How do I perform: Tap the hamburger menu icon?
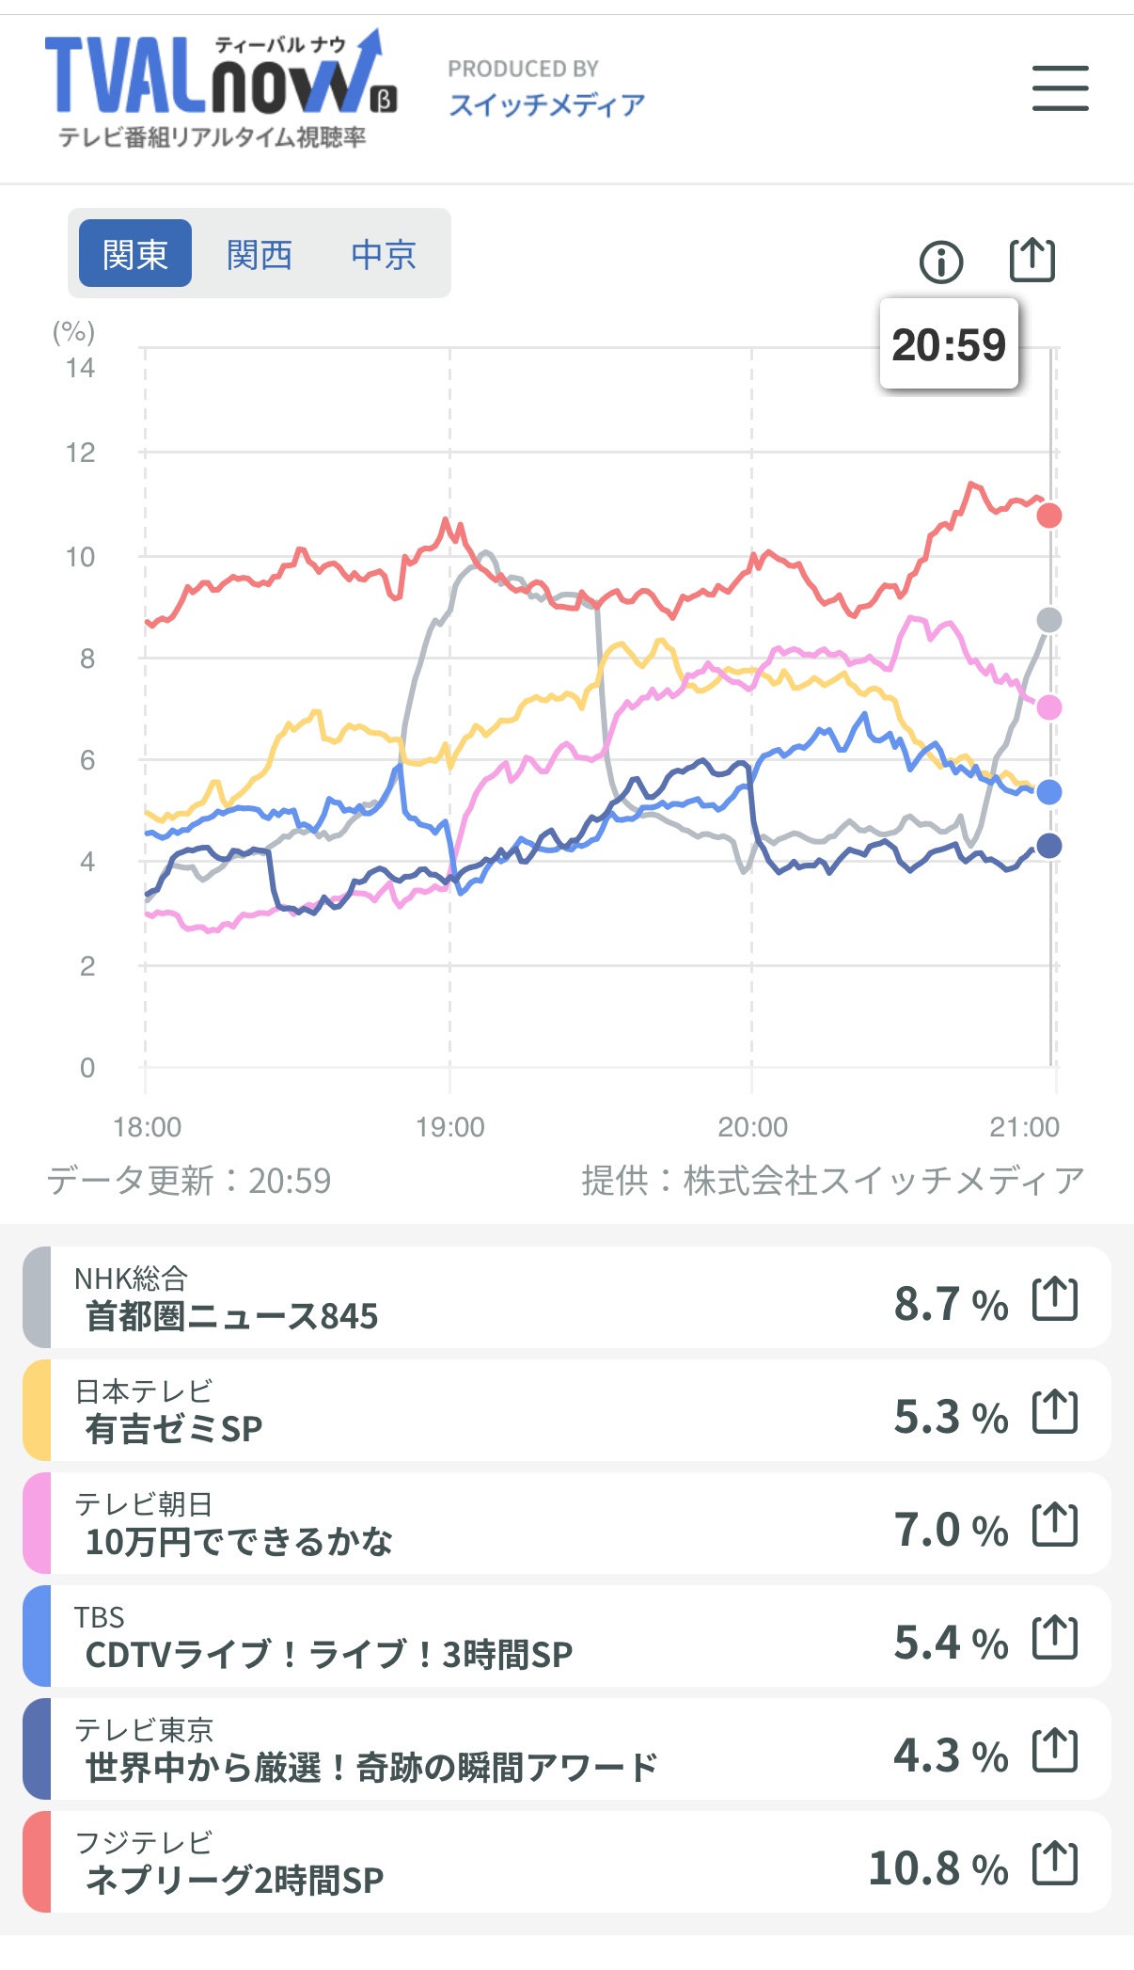1060,88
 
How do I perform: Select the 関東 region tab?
135,254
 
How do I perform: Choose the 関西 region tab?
260,254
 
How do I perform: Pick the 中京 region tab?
384,254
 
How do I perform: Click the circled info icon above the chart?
941,262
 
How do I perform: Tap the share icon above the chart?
1032,260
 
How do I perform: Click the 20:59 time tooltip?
949,344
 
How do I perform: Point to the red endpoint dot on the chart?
1049,516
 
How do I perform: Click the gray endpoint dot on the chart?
1049,620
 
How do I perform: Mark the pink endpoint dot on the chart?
1049,707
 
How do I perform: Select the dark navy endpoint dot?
1049,846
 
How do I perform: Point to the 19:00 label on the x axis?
450,1126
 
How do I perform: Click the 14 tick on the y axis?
81,368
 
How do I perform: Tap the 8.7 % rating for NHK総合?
951,1304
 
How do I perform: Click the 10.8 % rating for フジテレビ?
938,1868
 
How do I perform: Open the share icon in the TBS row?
1055,1639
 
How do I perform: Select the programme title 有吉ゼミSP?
174,1429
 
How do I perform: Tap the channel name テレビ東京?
144,1729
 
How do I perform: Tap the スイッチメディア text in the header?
546,104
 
